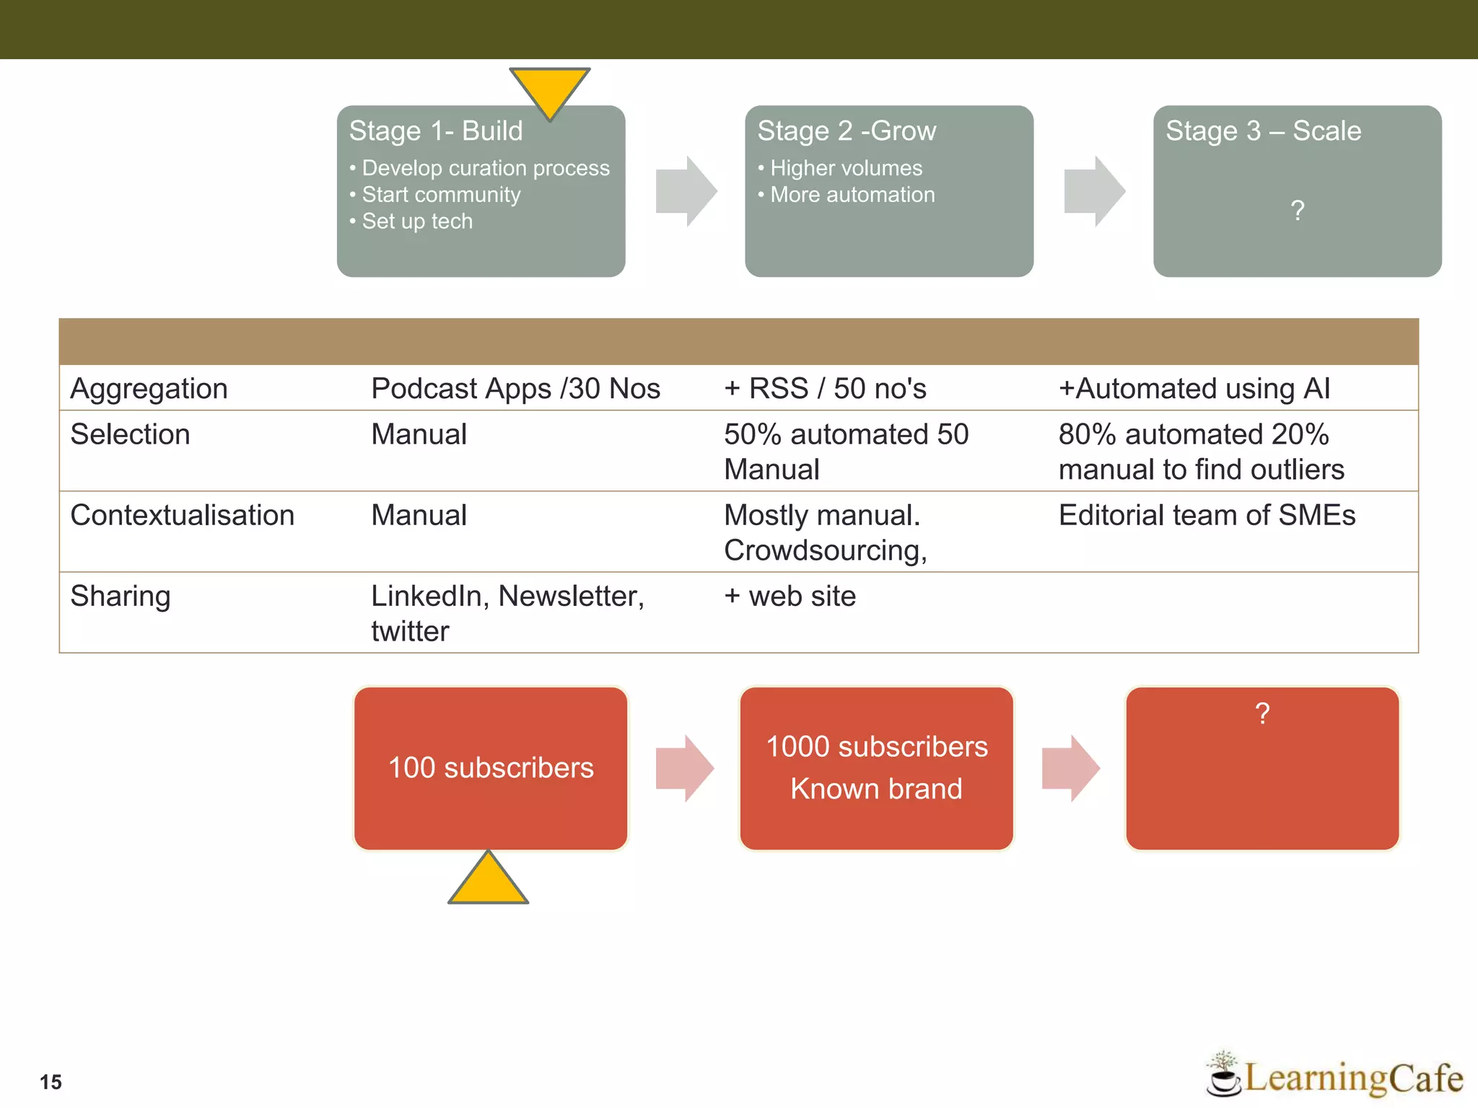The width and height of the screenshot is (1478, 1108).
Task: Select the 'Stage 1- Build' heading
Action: pos(436,131)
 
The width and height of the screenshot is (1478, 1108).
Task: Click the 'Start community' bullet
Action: pos(441,195)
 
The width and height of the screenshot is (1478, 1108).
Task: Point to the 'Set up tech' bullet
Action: pos(417,221)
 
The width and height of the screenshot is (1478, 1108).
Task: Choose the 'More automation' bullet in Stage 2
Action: pos(852,195)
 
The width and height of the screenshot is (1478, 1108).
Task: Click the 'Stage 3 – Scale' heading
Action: pos(1263,131)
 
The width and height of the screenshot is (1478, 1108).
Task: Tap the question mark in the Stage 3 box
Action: pos(1297,211)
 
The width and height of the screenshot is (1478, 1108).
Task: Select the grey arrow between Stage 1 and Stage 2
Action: pos(686,191)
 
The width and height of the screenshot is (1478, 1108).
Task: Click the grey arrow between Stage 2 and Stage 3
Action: pos(1094,191)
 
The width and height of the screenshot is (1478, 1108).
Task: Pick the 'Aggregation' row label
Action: pos(149,389)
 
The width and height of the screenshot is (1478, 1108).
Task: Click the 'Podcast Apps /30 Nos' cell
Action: pos(515,389)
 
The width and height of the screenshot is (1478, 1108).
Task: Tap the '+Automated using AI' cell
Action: pos(1194,389)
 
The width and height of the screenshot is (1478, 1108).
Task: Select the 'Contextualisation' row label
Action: pos(183,516)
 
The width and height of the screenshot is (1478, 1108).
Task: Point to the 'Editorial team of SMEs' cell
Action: pos(1207,516)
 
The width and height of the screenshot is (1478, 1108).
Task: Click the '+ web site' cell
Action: pos(790,597)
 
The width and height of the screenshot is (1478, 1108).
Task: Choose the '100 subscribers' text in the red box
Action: pos(491,768)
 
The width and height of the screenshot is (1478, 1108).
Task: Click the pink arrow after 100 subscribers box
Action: pos(684,768)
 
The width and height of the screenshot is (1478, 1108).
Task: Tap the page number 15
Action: pos(51,1082)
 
